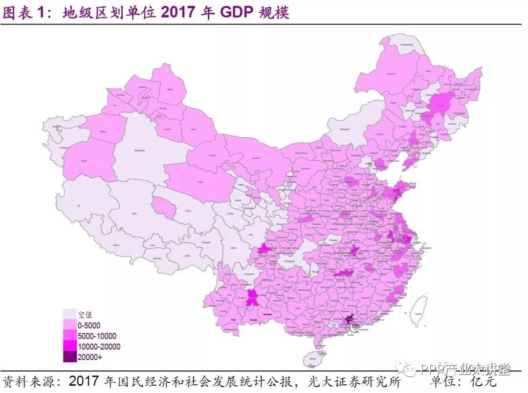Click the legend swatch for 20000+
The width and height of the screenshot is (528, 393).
(x=70, y=356)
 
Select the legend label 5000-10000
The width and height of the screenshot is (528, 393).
(x=97, y=336)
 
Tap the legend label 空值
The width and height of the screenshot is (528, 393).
(x=86, y=315)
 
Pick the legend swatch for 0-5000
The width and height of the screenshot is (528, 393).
(x=70, y=326)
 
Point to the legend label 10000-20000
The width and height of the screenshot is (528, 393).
(x=99, y=346)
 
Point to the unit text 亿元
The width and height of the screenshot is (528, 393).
(x=483, y=381)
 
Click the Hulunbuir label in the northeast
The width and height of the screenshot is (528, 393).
(x=391, y=73)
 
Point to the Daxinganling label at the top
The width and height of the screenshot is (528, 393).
(x=406, y=44)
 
